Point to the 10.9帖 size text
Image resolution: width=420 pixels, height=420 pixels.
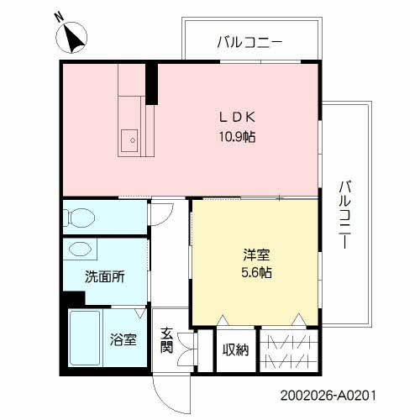(x=237, y=136)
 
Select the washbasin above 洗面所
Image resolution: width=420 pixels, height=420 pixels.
(x=81, y=249)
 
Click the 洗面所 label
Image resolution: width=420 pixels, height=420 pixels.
(x=104, y=277)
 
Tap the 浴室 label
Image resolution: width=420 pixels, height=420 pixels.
(x=123, y=340)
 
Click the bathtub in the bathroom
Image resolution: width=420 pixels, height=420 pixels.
(x=84, y=339)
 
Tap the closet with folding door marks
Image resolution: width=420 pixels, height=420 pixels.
(x=289, y=349)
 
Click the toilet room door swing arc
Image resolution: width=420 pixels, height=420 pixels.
(x=161, y=211)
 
